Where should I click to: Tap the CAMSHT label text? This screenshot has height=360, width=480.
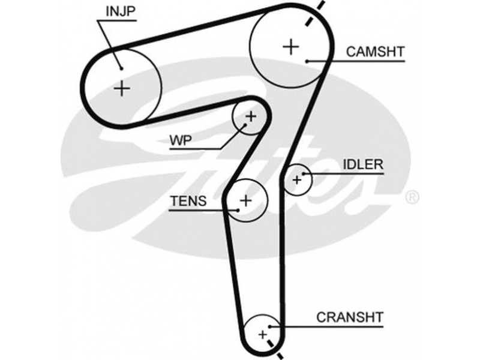(375, 52)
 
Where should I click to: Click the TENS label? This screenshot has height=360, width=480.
(188, 201)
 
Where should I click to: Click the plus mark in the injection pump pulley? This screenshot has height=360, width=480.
(122, 88)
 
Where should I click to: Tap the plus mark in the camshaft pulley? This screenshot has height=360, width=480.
(291, 46)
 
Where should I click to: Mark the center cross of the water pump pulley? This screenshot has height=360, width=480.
(250, 115)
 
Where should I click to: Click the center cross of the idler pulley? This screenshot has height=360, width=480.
(296, 179)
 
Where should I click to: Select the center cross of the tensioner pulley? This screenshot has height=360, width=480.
(245, 200)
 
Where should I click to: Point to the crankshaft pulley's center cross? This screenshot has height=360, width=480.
(262, 334)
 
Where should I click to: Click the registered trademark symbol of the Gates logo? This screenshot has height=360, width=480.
(413, 196)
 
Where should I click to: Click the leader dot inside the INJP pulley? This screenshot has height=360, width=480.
(121, 67)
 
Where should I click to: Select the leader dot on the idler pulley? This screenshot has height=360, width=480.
(305, 174)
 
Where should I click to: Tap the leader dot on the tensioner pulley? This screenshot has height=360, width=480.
(238, 209)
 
